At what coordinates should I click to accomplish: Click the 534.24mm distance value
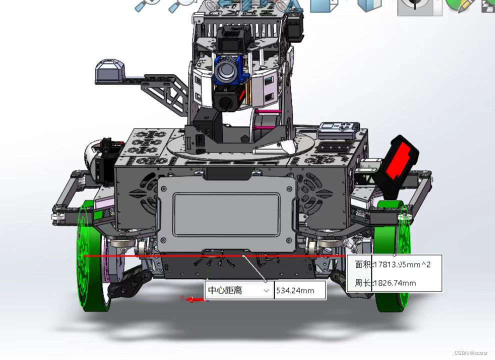point(295,290)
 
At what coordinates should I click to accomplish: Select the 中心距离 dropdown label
point(225,290)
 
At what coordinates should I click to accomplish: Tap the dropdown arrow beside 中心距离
point(266,290)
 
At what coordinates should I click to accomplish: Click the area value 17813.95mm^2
point(402,264)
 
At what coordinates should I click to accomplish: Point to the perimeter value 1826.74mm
point(394,283)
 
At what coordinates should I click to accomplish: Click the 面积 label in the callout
point(363,264)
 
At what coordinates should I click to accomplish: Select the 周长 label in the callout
point(362,283)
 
